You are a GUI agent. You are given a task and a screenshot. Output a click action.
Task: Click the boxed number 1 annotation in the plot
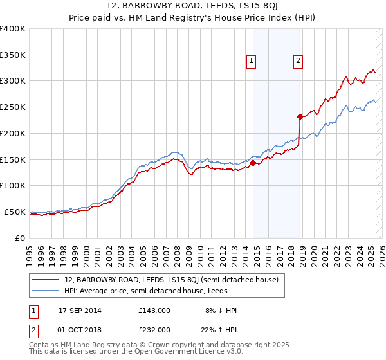[251, 61]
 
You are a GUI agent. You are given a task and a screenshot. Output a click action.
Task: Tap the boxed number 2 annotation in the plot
[299, 61]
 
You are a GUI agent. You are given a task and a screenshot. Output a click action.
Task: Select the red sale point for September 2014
[253, 163]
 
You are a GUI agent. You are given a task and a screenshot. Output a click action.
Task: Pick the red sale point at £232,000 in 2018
[300, 116]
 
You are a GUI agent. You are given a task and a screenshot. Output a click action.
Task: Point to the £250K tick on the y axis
[13, 107]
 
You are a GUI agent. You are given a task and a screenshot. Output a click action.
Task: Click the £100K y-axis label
[13, 185]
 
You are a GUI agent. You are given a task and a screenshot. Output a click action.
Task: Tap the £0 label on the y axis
[19, 238]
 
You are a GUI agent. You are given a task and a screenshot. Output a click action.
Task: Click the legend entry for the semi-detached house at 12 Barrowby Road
[170, 280]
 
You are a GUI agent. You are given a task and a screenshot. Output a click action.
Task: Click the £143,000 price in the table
[154, 310]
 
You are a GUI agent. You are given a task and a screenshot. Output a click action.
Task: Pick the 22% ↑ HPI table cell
[218, 329]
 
